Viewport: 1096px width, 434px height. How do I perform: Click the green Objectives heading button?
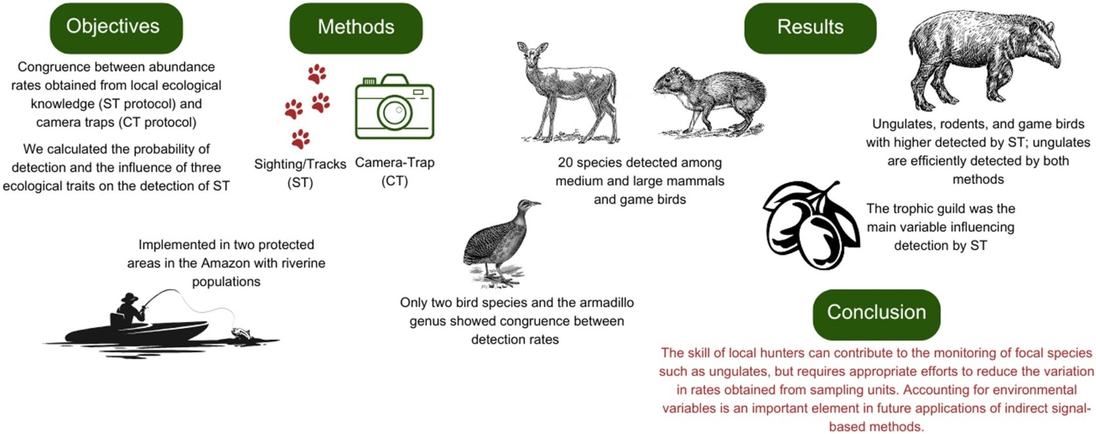click(x=116, y=28)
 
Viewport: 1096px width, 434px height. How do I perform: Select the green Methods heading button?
click(x=356, y=28)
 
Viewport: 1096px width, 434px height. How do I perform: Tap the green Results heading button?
click(x=810, y=28)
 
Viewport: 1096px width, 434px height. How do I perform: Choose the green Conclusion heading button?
click(x=877, y=314)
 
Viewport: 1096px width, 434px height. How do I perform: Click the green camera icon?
click(x=394, y=107)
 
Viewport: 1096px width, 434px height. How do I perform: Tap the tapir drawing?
click(x=983, y=59)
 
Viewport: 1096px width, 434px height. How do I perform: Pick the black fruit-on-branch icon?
click(x=811, y=226)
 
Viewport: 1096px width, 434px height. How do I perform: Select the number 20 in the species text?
click(x=566, y=162)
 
